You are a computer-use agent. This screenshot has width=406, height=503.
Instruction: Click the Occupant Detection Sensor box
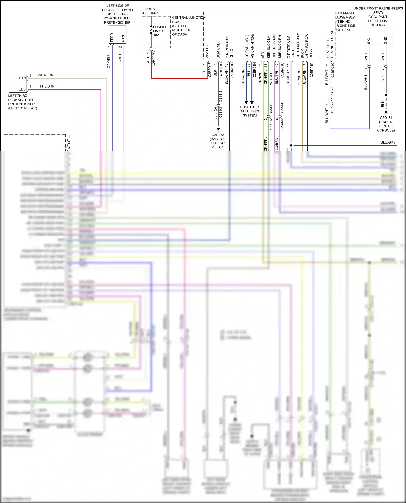(378, 36)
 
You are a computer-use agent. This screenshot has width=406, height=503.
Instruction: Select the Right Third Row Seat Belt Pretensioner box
(117, 34)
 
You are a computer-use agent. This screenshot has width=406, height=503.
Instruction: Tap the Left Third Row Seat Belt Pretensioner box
(18, 84)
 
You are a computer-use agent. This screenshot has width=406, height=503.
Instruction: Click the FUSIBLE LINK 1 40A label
(160, 31)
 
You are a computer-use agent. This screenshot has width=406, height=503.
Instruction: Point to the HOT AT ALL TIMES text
(151, 11)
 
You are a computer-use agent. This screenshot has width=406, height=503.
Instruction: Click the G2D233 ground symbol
(218, 129)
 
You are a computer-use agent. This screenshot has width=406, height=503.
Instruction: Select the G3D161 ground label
(386, 118)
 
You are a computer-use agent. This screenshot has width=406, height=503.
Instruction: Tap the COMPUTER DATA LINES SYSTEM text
(249, 111)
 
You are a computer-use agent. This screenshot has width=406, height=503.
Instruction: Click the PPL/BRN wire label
(47, 86)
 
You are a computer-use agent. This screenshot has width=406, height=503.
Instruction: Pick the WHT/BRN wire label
(45, 75)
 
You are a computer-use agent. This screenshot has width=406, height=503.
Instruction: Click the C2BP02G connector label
(154, 58)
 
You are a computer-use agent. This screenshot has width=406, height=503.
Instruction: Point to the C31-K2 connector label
(221, 96)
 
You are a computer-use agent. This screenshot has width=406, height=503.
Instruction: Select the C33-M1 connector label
(282, 107)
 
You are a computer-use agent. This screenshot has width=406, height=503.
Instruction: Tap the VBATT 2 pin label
(207, 51)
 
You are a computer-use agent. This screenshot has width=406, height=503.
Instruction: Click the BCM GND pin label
(218, 50)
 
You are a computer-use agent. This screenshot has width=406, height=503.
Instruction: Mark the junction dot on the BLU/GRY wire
(291, 145)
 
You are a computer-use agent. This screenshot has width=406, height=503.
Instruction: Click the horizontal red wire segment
(179, 78)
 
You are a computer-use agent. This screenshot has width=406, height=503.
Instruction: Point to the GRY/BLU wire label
(109, 61)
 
